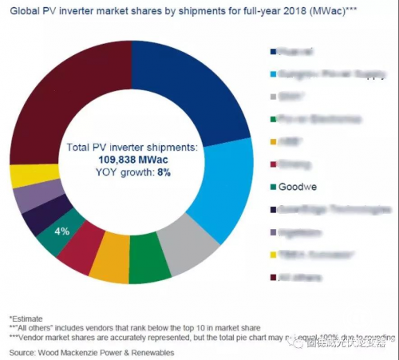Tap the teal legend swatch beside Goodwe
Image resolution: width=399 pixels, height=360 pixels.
click(x=274, y=189)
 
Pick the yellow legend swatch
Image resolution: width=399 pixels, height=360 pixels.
click(x=274, y=256)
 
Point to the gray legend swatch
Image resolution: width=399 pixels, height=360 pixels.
click(x=274, y=97)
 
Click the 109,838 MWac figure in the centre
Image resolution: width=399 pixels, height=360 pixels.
click(x=131, y=159)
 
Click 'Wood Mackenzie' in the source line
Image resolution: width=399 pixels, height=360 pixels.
click(x=83, y=351)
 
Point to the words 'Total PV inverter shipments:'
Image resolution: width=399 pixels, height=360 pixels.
click(x=131, y=148)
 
